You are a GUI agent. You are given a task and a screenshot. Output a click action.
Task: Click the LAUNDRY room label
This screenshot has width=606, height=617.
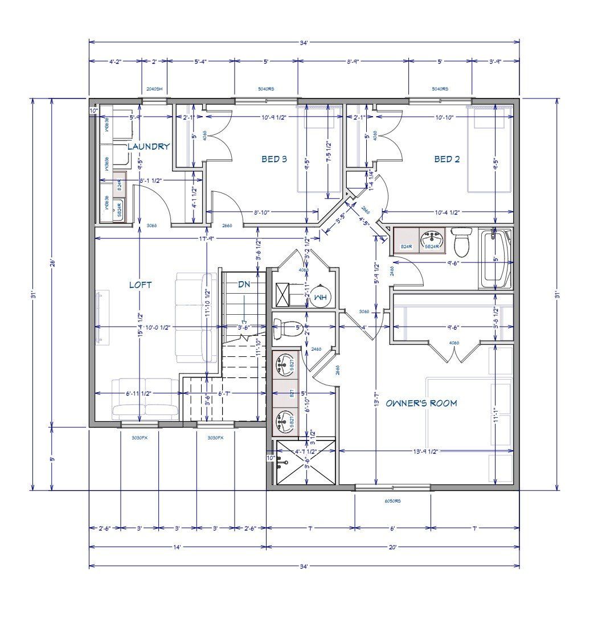click(x=148, y=147)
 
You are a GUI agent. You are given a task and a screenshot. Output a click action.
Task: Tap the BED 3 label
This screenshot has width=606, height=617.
click(x=274, y=159)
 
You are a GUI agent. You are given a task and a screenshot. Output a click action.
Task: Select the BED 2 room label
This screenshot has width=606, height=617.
click(x=447, y=159)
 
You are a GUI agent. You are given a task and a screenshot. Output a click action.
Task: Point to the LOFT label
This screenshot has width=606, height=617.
click(x=140, y=285)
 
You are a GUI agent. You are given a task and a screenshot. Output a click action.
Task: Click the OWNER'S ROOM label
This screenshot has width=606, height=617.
click(x=421, y=404)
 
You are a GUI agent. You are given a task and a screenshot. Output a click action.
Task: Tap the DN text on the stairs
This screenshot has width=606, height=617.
click(x=244, y=284)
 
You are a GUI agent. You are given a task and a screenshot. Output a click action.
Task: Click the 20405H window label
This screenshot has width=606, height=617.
click(x=154, y=89)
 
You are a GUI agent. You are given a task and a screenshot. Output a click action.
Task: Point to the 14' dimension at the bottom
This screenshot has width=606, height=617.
click(x=177, y=547)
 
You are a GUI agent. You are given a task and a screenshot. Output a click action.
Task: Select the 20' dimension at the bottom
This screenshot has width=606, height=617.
click(x=392, y=547)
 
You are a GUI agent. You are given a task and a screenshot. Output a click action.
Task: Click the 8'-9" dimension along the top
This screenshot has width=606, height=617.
click(x=353, y=61)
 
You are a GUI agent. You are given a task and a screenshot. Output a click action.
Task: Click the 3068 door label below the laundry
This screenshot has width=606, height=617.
click(x=151, y=226)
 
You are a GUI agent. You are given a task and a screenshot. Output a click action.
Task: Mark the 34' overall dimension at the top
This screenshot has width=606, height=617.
click(x=304, y=42)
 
